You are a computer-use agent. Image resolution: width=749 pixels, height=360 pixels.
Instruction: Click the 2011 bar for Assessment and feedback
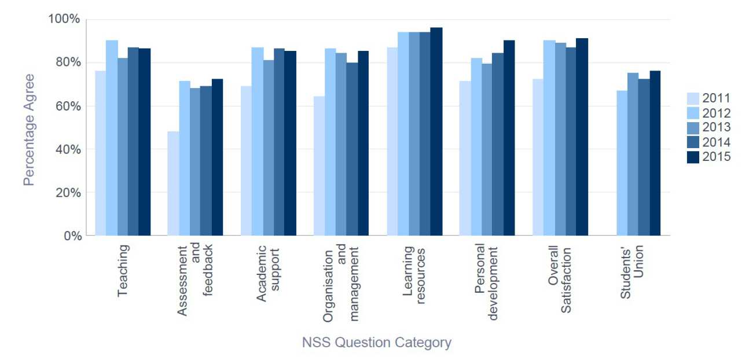[173, 183]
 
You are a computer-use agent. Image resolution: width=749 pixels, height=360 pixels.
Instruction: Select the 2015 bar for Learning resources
[436, 131]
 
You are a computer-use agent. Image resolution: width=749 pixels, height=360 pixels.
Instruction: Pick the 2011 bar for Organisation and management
[319, 166]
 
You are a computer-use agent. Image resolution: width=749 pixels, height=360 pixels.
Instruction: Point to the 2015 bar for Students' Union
[655, 153]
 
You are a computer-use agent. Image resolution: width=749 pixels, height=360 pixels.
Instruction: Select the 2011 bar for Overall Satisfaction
[538, 157]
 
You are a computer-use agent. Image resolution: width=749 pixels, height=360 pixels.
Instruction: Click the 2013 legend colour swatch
[693, 127]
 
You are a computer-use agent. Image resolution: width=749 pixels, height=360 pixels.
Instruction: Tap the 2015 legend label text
[717, 157]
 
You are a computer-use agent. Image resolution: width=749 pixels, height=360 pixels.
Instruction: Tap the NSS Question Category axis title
[376, 343]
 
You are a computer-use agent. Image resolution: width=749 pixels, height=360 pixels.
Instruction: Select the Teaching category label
[123, 271]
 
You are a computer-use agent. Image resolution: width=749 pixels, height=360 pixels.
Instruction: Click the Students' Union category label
[631, 272]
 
